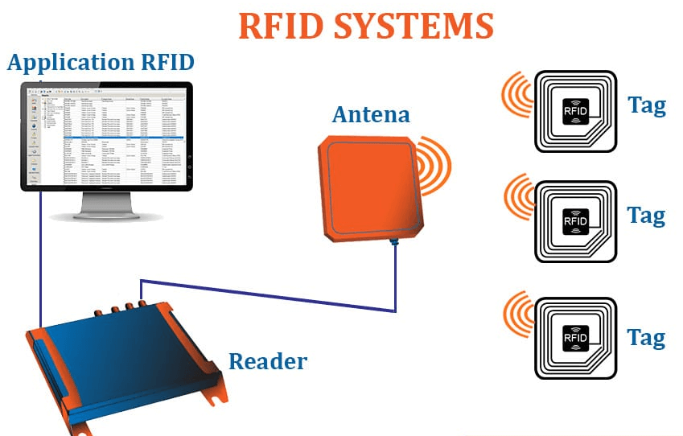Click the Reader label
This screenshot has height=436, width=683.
point(268,360)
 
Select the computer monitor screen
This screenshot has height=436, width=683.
point(105,136)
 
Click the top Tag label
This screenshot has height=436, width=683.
point(646,105)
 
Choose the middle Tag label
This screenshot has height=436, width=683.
point(646,215)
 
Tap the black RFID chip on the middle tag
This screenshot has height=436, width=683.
point(576,218)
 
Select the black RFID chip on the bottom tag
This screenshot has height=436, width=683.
point(576,337)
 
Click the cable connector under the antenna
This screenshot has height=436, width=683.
point(394,242)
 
